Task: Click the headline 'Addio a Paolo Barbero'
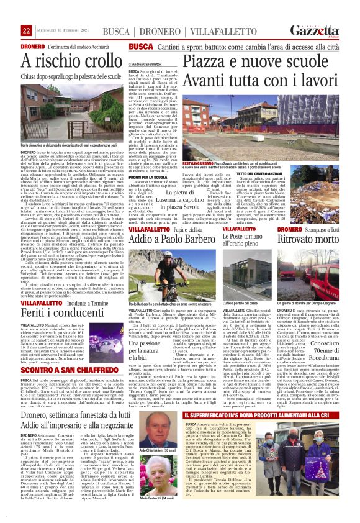173,239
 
